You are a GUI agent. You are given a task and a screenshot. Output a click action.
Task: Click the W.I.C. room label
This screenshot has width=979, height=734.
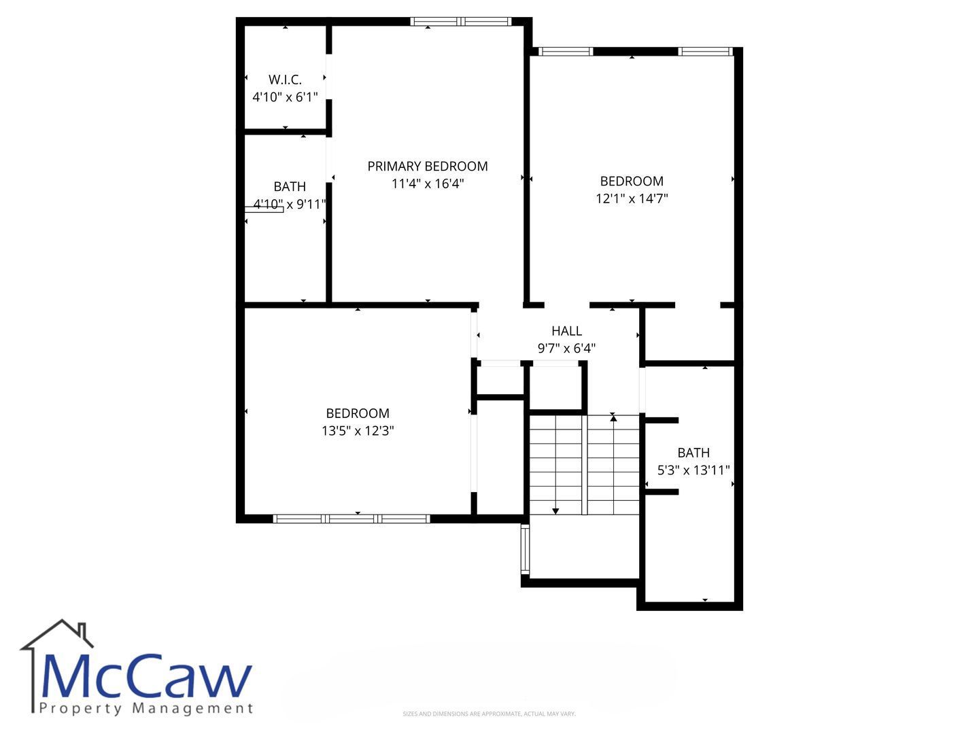click(285, 80)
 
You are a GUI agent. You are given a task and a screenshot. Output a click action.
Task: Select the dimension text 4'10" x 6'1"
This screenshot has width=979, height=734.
click(285, 97)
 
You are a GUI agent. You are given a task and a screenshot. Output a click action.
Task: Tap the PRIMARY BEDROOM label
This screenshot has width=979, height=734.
click(427, 167)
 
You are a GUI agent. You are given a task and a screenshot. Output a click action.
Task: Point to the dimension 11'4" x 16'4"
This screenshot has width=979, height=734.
click(427, 183)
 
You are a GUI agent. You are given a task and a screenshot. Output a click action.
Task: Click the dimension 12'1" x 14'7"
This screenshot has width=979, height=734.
click(632, 198)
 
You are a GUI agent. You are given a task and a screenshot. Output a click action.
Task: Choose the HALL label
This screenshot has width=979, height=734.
click(566, 331)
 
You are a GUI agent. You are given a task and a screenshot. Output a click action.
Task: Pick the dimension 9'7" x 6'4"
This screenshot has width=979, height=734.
click(566, 348)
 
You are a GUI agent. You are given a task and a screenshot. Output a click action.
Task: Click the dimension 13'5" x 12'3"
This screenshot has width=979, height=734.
click(358, 431)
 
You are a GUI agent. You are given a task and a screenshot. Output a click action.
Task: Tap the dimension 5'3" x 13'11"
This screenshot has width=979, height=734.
click(693, 470)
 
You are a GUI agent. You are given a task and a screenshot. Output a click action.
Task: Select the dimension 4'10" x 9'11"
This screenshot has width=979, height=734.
click(290, 205)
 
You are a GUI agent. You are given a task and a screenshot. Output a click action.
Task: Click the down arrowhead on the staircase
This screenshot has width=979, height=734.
click(555, 511)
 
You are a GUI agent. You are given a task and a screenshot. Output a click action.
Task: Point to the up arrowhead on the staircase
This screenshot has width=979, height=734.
click(613, 418)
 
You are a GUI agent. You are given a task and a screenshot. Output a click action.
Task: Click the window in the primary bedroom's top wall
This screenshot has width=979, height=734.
click(461, 21)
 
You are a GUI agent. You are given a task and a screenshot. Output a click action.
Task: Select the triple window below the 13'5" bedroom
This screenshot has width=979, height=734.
click(351, 519)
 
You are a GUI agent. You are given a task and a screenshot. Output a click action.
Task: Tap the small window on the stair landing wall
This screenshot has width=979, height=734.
click(526, 550)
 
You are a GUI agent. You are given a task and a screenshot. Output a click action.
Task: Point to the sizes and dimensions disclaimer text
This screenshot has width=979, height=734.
click(489, 714)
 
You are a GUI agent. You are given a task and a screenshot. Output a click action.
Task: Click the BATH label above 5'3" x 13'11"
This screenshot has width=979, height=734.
click(693, 453)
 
